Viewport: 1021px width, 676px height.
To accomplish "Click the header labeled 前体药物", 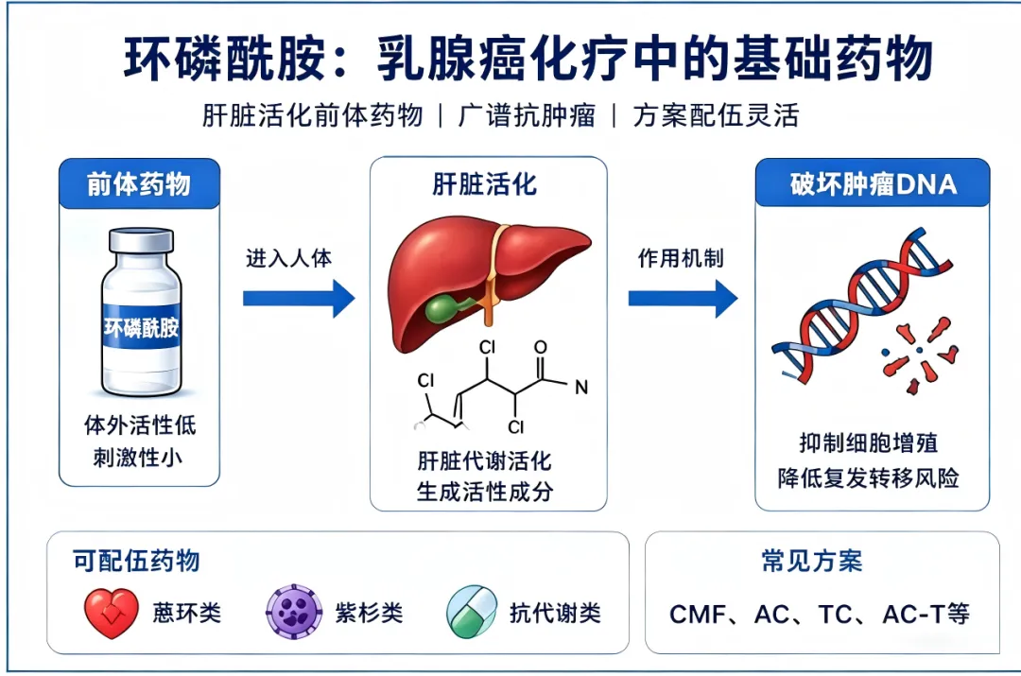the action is pyautogui.click(x=139, y=184).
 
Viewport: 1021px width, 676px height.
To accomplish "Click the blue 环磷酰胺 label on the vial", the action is pyautogui.click(x=141, y=326).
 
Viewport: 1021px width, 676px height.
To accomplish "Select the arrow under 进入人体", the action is pyautogui.click(x=299, y=298).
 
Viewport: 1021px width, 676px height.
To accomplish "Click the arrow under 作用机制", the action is pyautogui.click(x=684, y=298).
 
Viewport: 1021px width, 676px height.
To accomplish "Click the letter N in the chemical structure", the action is pyautogui.click(x=581, y=389).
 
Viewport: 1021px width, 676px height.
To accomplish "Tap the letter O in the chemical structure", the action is pyautogui.click(x=541, y=347).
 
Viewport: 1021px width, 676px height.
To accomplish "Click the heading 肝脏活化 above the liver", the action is pyautogui.click(x=485, y=184).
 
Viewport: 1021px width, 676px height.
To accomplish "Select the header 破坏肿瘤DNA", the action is pyautogui.click(x=874, y=184).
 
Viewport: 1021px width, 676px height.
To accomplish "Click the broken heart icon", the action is pyautogui.click(x=112, y=613).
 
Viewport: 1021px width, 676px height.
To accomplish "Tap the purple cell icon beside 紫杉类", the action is pyautogui.click(x=294, y=612).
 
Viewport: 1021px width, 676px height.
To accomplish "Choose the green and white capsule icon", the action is pyautogui.click(x=472, y=612).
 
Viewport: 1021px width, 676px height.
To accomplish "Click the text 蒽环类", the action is pyautogui.click(x=187, y=613).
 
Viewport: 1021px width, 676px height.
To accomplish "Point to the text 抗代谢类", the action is pyautogui.click(x=555, y=613).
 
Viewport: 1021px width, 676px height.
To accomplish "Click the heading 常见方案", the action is pyautogui.click(x=812, y=561).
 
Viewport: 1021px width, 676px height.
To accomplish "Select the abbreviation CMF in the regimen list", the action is pyautogui.click(x=698, y=615).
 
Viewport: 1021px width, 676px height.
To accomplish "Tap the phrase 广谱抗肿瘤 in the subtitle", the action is pyautogui.click(x=527, y=116).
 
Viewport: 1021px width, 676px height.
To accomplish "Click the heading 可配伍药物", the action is pyautogui.click(x=136, y=561).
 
